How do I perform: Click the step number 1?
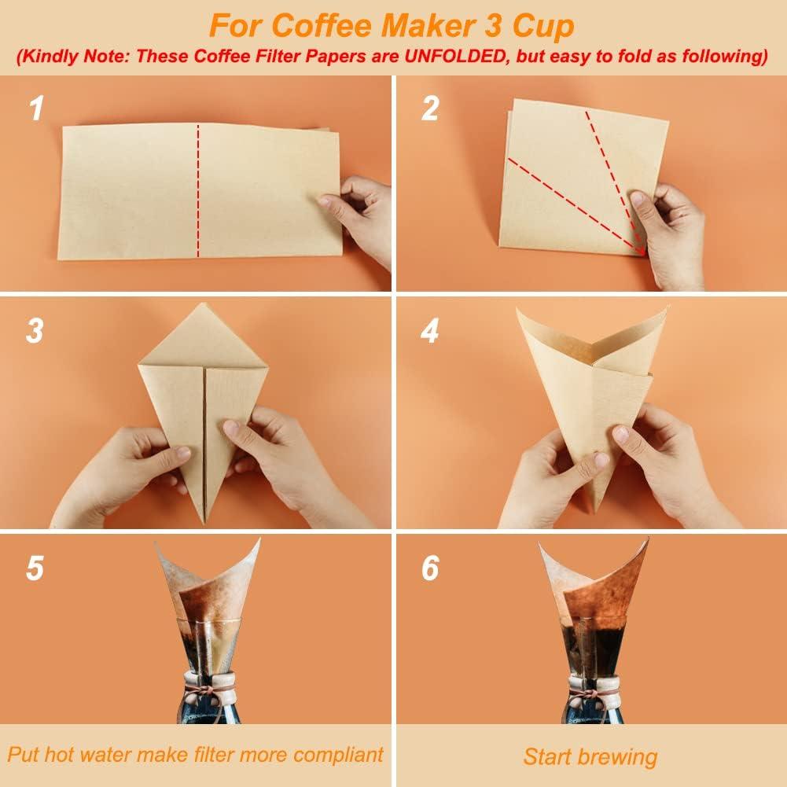(35, 108)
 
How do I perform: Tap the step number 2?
(429, 108)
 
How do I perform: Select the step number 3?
(34, 332)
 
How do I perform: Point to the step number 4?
(429, 332)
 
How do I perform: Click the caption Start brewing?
(590, 756)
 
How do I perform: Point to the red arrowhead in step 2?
(642, 250)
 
